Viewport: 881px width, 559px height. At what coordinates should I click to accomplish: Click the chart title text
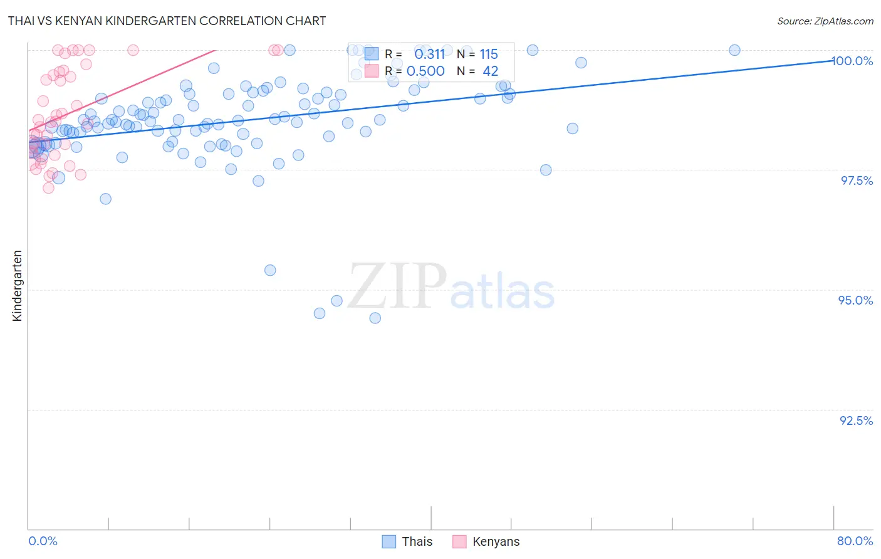[167, 21]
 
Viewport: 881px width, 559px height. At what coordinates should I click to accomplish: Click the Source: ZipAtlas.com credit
[825, 21]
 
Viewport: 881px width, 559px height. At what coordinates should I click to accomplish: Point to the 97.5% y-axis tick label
[857, 180]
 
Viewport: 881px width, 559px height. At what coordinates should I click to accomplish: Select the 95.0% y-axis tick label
[855, 300]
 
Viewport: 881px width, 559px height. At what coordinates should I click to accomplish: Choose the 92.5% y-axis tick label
[856, 421]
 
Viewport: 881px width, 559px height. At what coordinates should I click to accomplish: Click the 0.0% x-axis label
[43, 541]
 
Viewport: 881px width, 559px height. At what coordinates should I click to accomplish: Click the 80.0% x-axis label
[855, 541]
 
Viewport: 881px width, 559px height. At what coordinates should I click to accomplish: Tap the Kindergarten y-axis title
[17, 286]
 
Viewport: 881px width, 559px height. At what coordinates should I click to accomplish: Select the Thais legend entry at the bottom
[417, 541]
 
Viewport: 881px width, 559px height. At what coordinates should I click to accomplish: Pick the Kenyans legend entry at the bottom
[496, 541]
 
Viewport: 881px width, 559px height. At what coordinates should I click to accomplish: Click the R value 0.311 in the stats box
[429, 55]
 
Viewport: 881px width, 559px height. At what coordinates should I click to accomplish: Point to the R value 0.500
[425, 71]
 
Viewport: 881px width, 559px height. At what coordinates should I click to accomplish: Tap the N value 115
[489, 55]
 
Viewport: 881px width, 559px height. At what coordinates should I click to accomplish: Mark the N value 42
[490, 71]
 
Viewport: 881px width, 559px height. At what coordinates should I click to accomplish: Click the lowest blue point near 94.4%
[375, 318]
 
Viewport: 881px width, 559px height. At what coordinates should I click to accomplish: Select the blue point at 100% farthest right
[734, 50]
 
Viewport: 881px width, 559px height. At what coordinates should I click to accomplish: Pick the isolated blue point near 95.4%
[270, 270]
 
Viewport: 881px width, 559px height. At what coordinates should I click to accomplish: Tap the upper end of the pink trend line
[215, 50]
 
